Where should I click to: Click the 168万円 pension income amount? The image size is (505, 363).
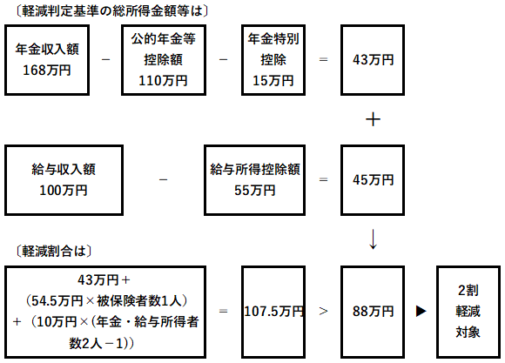click(x=47, y=71)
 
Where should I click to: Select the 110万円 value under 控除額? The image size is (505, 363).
click(x=164, y=81)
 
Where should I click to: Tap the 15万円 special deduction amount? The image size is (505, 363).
click(x=273, y=81)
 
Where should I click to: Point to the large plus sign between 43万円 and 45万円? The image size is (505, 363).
click(x=373, y=120)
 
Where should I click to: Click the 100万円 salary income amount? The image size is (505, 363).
click(x=64, y=191)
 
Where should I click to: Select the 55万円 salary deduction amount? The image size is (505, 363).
click(x=255, y=191)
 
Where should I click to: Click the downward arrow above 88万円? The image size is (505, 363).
click(x=373, y=239)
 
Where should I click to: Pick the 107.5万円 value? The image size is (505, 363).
click(x=273, y=312)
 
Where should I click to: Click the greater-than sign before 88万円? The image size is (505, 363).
click(x=323, y=311)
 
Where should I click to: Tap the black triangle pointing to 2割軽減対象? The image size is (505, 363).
click(x=421, y=311)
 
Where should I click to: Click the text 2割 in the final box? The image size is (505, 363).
click(x=468, y=291)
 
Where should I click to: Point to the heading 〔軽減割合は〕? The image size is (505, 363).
click(x=54, y=252)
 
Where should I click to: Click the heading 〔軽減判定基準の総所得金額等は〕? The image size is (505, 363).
click(x=111, y=11)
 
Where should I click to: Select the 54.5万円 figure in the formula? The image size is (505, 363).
click(x=57, y=301)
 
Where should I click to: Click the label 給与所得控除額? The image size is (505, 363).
click(x=255, y=170)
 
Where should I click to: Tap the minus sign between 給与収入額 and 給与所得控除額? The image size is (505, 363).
click(x=164, y=179)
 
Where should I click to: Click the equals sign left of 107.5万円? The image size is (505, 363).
click(x=223, y=312)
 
